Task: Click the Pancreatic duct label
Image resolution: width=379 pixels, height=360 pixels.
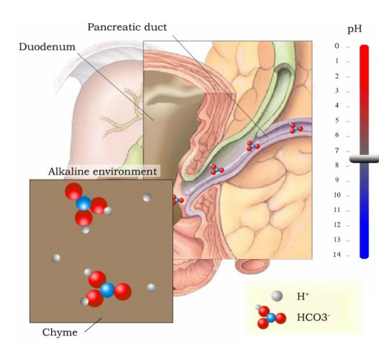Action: [x=127, y=27]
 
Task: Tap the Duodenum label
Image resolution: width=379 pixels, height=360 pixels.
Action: [x=47, y=47]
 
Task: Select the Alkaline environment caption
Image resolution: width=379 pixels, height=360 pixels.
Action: [x=103, y=172]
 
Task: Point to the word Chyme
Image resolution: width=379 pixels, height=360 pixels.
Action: [x=60, y=332]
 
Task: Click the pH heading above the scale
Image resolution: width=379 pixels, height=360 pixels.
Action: [x=355, y=29]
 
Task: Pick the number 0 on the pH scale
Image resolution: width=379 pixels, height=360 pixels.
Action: [x=337, y=45]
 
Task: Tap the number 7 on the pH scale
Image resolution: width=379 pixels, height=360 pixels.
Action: [x=337, y=151]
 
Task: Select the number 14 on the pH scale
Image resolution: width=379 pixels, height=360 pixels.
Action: [x=336, y=254]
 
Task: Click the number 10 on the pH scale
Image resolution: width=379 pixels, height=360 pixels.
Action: [x=337, y=195]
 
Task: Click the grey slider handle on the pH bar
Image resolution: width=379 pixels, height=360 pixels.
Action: [x=364, y=159]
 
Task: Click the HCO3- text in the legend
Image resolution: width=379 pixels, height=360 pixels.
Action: [x=313, y=317]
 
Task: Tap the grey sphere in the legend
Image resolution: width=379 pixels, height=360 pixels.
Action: [x=277, y=296]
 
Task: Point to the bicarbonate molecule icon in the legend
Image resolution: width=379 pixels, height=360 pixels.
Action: [x=271, y=317]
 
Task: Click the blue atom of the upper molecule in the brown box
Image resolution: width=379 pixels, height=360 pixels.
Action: [x=84, y=203]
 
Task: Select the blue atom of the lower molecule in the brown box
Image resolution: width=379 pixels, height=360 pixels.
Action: [x=107, y=290]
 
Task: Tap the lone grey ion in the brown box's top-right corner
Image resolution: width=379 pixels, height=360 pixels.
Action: [x=147, y=198]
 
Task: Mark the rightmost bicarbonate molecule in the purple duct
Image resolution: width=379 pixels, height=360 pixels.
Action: [x=296, y=128]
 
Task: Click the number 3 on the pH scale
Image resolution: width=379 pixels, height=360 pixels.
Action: [x=337, y=90]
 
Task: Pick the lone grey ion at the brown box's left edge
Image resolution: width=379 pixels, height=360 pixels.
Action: [x=56, y=258]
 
